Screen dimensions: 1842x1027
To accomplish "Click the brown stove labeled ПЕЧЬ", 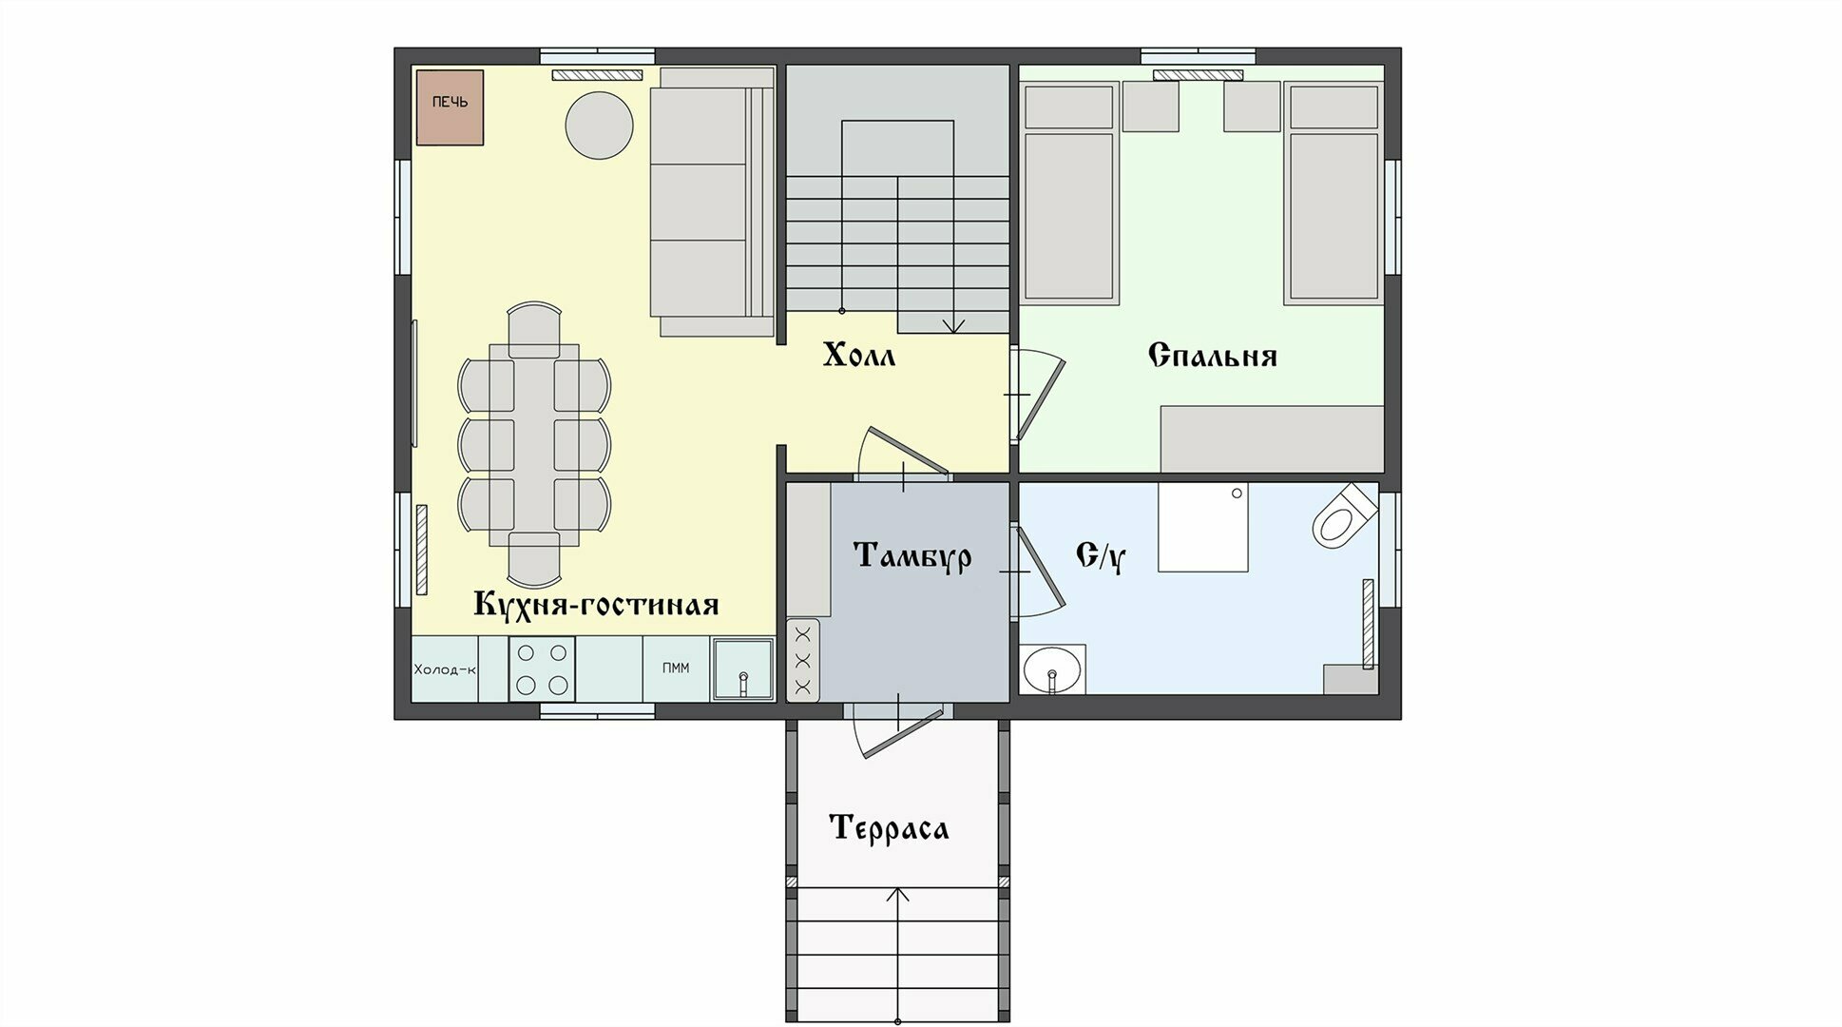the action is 450,107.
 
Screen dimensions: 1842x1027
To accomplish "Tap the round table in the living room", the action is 599,125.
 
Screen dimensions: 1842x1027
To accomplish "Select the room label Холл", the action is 859,356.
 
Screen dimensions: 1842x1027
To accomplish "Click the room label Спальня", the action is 1212,355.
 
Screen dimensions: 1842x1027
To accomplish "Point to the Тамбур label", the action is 912,554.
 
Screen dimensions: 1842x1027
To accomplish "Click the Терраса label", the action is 889,827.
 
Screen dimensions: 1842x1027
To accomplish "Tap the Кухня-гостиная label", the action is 596,604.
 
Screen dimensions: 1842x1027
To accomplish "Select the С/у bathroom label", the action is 1101,555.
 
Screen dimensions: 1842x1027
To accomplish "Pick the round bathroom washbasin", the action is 1052,670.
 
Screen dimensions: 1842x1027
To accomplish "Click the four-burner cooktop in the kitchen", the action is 542,669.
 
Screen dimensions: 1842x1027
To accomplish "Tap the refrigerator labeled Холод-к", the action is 445,669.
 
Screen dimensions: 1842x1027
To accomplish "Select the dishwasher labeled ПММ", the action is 676,669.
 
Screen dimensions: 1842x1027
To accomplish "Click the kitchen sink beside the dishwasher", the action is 743,669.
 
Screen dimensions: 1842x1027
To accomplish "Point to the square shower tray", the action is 1203,527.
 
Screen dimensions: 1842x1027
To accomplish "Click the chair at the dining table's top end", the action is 534,329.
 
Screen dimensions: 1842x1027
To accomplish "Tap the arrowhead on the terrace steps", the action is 898,896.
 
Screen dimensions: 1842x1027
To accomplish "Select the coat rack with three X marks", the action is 803,661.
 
